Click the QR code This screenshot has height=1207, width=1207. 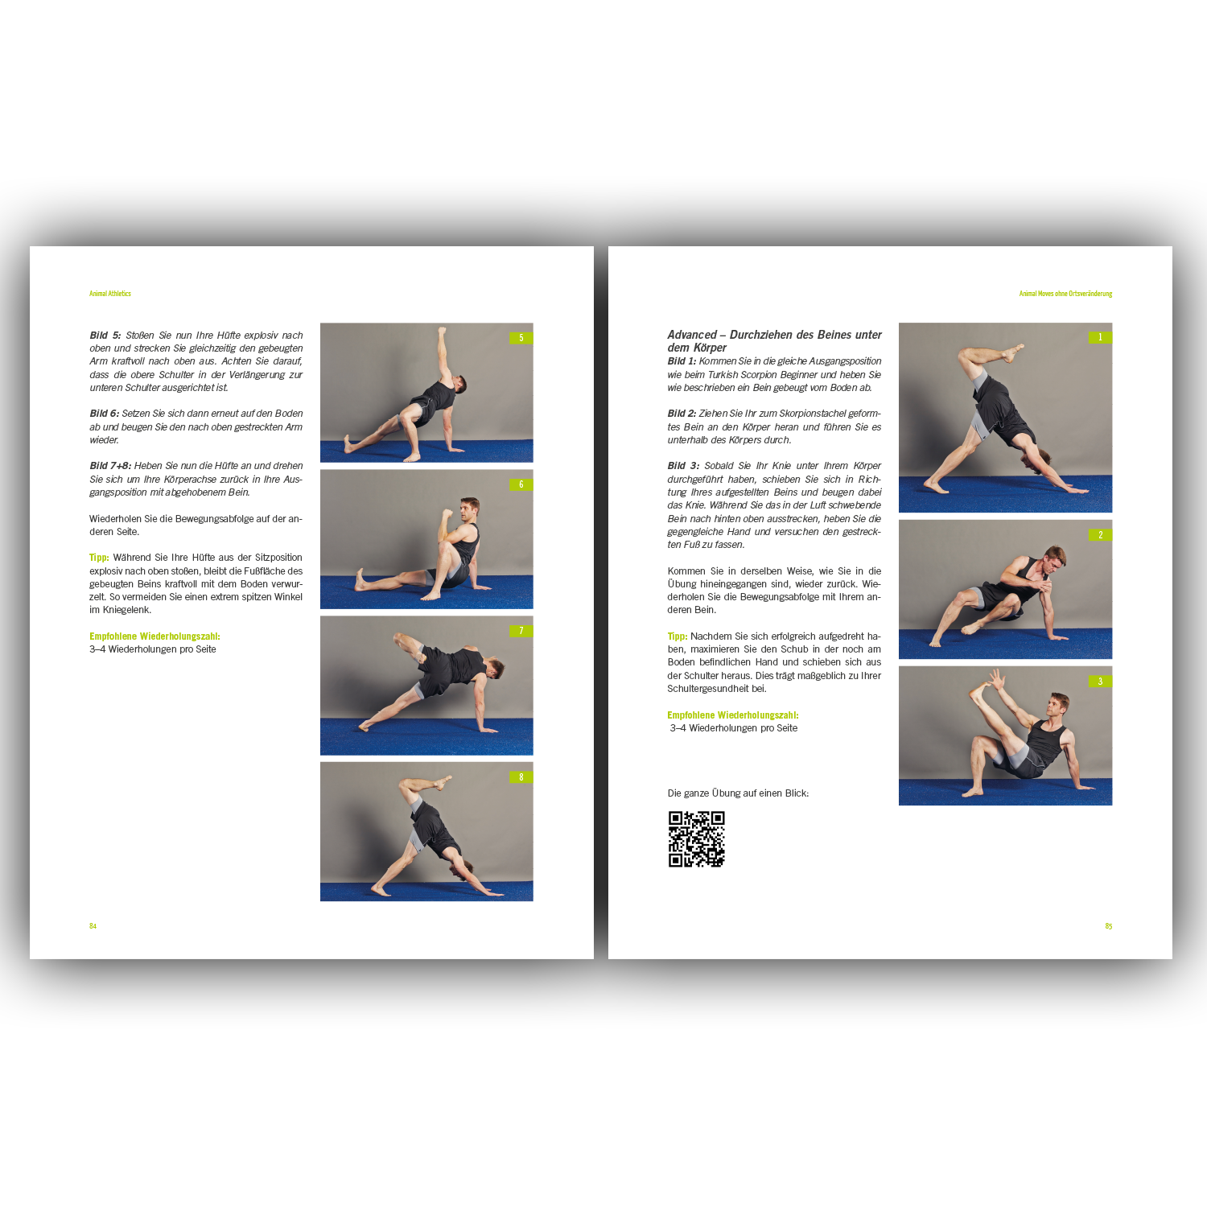click(696, 838)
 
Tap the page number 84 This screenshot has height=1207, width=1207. click(93, 926)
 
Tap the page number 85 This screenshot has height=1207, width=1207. click(1108, 926)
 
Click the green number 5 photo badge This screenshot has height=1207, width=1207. click(521, 338)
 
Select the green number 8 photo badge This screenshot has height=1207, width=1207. click(521, 777)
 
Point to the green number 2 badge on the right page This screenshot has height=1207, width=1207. click(1100, 535)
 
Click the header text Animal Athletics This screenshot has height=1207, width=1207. click(110, 294)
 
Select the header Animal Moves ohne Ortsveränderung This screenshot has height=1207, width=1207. click(1065, 294)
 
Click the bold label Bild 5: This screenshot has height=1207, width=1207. click(105, 336)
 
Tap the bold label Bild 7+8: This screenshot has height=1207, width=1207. click(110, 466)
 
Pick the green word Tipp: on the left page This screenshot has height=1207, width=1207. click(99, 558)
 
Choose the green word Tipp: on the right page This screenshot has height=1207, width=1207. click(677, 636)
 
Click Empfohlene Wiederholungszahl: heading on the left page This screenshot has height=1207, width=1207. click(154, 636)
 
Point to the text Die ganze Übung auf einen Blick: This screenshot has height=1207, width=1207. click(738, 793)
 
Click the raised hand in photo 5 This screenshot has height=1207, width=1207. click(441, 331)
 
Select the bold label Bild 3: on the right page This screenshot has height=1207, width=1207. click(683, 466)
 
